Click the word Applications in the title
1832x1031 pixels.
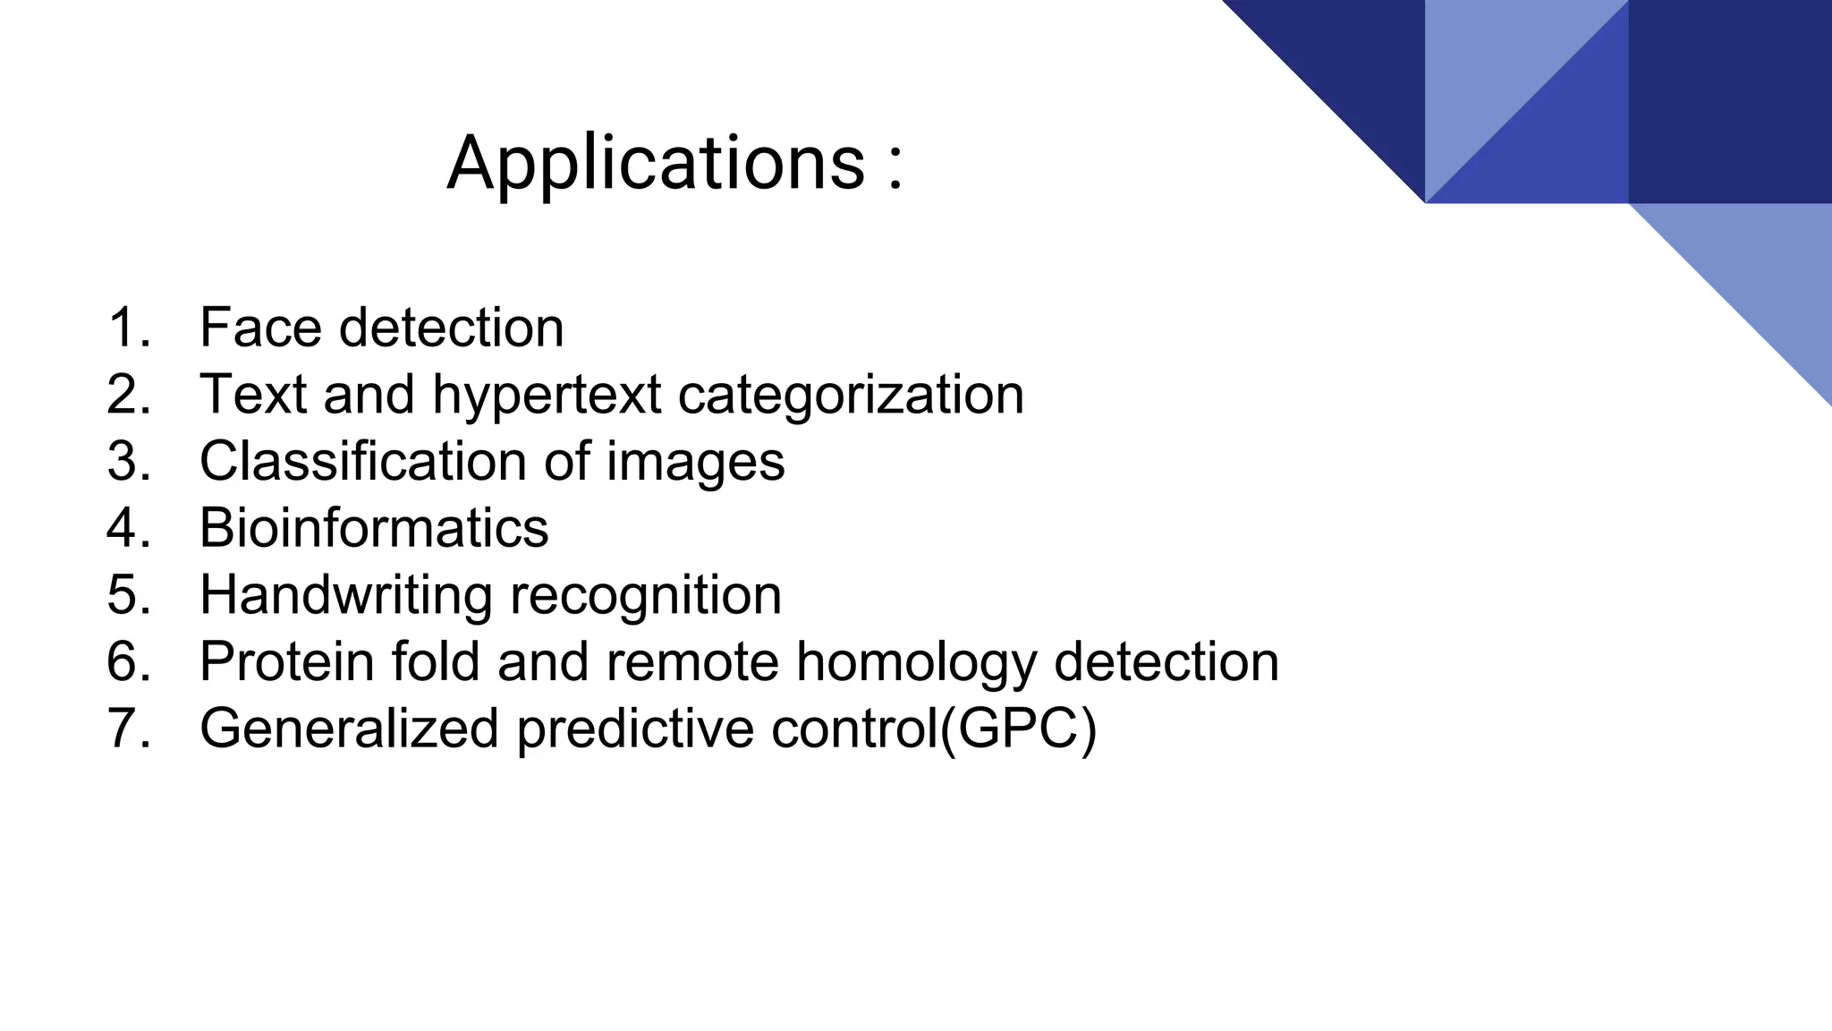tap(656, 164)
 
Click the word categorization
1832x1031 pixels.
tap(851, 395)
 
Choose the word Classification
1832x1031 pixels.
tap(362, 462)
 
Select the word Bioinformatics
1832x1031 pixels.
tap(374, 528)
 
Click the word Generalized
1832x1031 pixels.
tap(349, 729)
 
